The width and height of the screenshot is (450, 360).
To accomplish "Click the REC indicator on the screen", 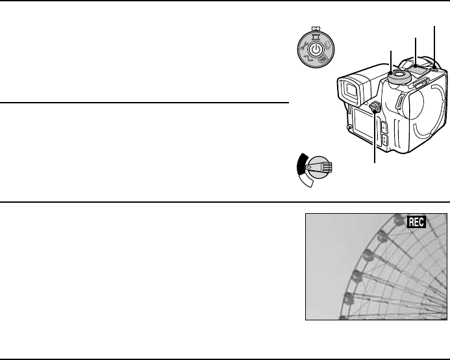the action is (416, 222).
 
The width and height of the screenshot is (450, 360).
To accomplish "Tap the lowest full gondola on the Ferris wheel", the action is (347, 300).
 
